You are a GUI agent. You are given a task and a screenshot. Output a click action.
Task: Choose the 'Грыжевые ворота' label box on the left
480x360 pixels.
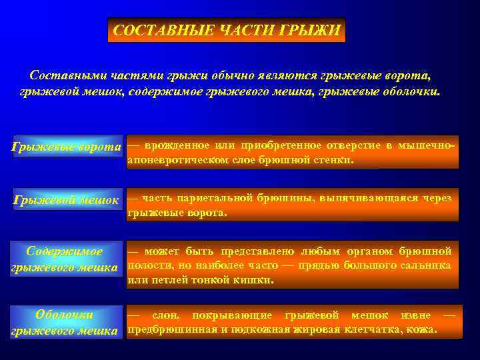tap(67, 147)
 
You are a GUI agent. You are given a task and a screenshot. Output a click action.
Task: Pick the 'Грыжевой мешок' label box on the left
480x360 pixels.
tap(67, 199)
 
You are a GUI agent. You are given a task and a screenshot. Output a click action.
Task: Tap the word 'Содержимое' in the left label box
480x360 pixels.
tap(64, 251)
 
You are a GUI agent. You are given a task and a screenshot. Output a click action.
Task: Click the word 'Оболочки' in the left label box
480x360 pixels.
tap(64, 315)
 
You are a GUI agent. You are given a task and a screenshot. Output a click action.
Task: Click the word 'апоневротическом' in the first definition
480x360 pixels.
tap(178, 160)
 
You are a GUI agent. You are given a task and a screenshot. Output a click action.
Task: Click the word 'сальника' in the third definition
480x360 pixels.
tap(427, 265)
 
